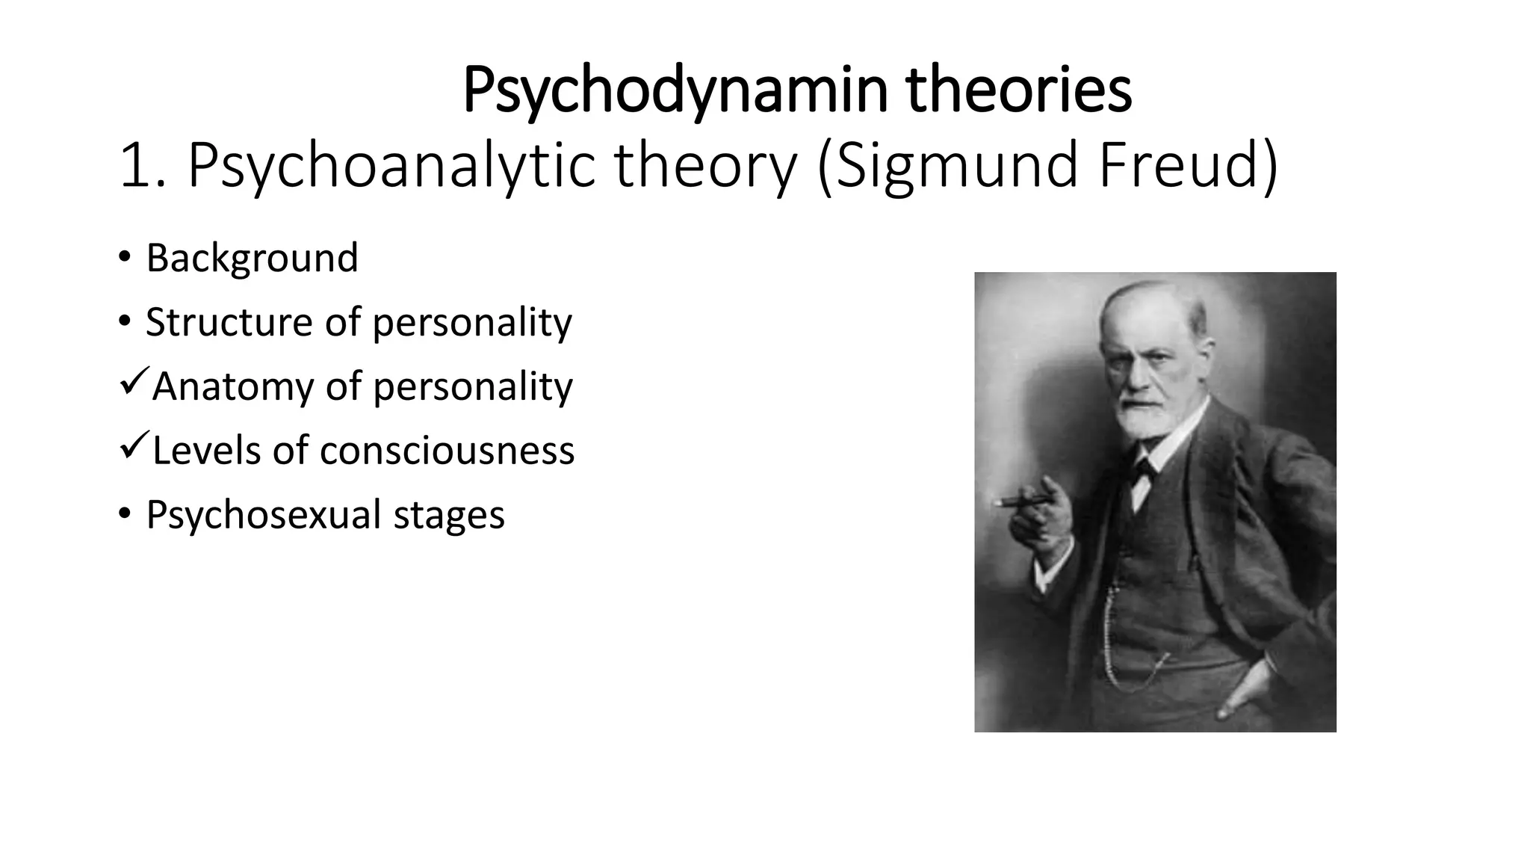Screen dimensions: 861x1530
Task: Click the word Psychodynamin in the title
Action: [675, 91]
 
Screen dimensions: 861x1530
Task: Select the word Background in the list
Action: [253, 258]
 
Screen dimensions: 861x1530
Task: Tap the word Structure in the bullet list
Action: [229, 322]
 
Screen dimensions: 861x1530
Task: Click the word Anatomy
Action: [232, 386]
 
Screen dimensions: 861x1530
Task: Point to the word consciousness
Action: [447, 451]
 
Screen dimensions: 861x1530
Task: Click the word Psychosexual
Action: [264, 515]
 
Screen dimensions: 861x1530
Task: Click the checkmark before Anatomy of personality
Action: [133, 383]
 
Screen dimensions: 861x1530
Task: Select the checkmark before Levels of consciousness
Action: [133, 447]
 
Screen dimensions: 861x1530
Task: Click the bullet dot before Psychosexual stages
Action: [124, 514]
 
